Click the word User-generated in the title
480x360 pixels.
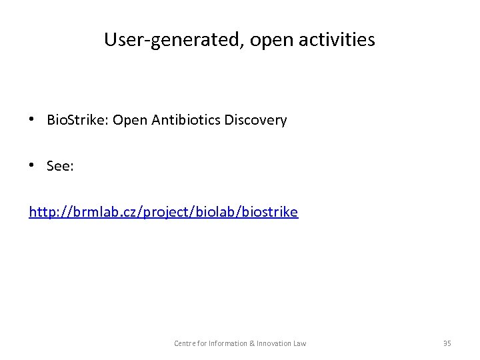(x=161, y=40)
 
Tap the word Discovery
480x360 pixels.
(x=256, y=121)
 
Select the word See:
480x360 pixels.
(x=60, y=167)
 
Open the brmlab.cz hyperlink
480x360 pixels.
(x=163, y=213)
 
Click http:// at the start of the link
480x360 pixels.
(x=46, y=213)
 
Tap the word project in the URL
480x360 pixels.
(x=175, y=213)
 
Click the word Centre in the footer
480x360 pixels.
(x=184, y=343)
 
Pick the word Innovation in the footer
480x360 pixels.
(x=276, y=343)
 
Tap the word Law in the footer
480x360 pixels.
(x=301, y=343)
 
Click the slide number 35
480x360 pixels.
(x=447, y=343)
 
